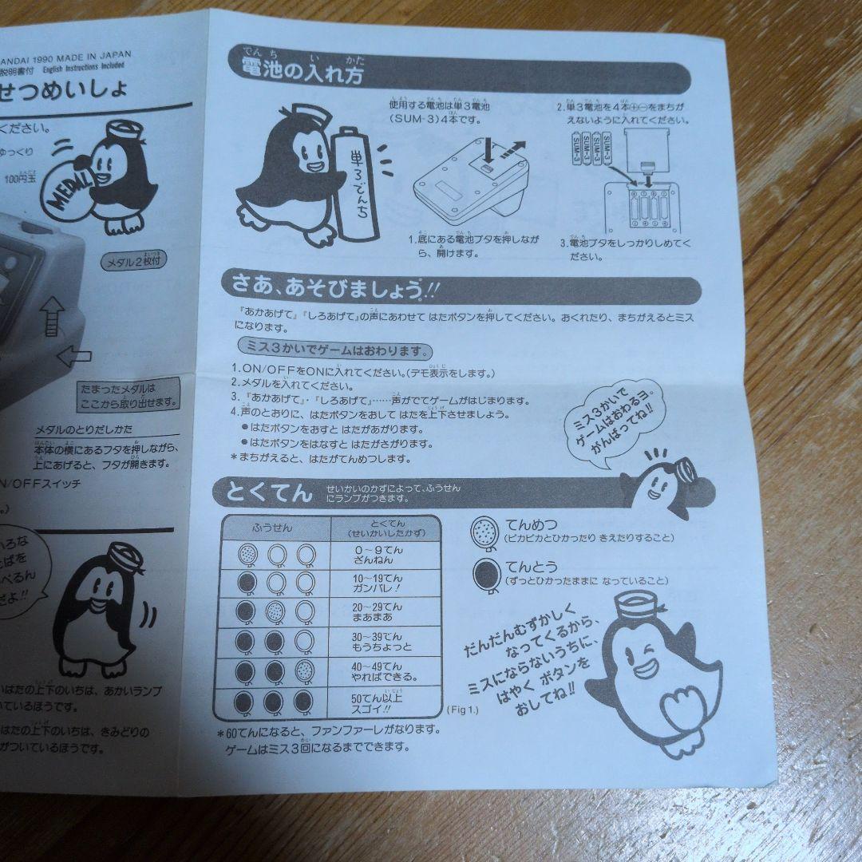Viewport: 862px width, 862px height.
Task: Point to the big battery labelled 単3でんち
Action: (x=354, y=183)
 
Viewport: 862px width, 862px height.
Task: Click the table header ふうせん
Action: (x=272, y=528)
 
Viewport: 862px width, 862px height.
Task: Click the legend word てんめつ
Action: (x=531, y=524)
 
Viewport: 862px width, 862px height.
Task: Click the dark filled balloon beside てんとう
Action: (x=485, y=573)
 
